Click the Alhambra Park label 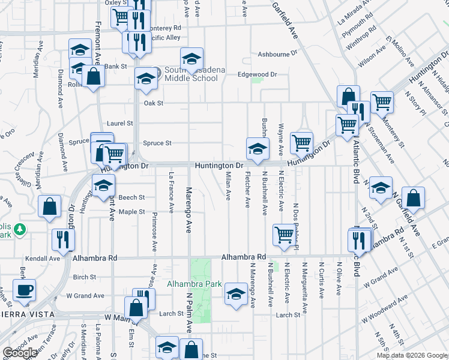(194, 284)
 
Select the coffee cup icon (24, 290)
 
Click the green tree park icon (20, 229)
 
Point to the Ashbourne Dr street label (277, 54)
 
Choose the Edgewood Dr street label (257, 74)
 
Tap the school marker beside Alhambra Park (236, 293)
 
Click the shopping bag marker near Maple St (49, 206)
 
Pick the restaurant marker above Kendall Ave (63, 239)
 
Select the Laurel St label (119, 124)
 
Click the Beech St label (131, 197)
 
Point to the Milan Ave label (228, 185)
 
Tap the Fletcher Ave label (247, 190)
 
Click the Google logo (20, 352)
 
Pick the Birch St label (84, 277)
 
